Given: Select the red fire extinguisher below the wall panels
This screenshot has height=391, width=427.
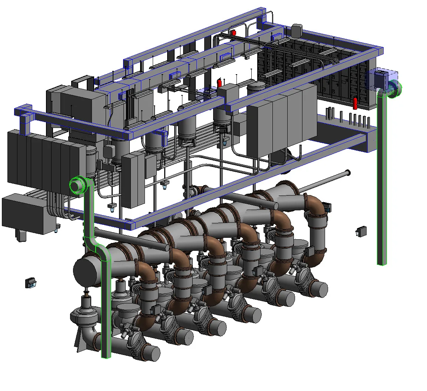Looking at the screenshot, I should tap(355, 103).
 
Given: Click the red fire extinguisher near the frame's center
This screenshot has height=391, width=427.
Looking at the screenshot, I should tap(219, 82).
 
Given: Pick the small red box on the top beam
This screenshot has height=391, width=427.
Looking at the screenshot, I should tap(234, 33).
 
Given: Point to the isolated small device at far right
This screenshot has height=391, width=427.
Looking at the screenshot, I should tap(361, 231).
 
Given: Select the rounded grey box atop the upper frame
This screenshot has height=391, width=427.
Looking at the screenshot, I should tap(297, 31).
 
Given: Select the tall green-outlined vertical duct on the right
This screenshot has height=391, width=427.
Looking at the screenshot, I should tap(382, 178).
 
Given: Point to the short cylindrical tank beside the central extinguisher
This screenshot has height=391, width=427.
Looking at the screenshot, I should tap(256, 88).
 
